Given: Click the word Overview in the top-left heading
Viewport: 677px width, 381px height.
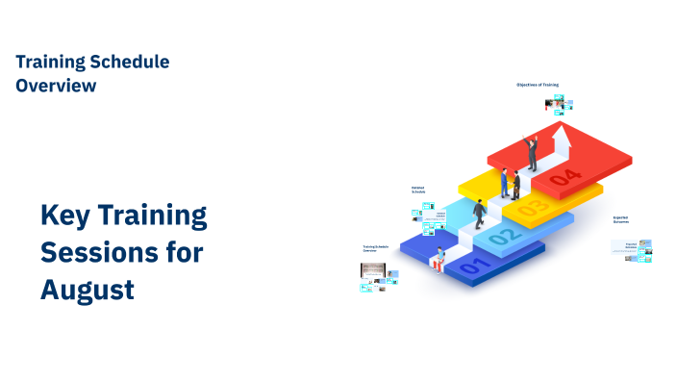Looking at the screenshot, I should [x=56, y=85].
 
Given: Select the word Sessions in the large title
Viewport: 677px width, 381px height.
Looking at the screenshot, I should [x=94, y=252].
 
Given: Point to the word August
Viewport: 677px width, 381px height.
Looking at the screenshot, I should [x=87, y=289].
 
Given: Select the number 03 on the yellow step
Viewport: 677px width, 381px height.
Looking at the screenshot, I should [x=532, y=206].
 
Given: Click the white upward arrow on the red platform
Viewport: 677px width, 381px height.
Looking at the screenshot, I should [x=562, y=143].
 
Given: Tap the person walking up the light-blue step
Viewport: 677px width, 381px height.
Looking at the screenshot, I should [x=479, y=214].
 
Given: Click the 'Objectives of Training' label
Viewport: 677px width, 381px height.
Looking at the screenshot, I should [x=537, y=85].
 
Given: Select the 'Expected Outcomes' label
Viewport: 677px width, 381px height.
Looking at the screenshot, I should [x=620, y=219].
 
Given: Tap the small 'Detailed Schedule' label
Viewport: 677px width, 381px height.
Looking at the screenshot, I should [x=418, y=190].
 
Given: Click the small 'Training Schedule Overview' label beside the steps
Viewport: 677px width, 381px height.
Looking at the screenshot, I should [x=376, y=248].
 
